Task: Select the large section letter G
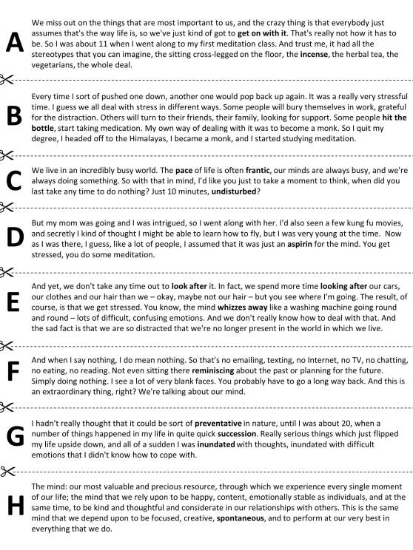[14, 437]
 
